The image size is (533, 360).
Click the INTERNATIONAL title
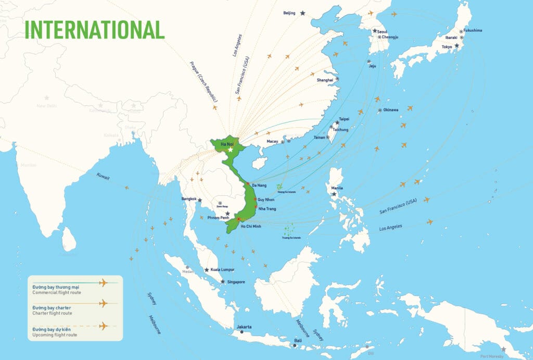pos(95,29)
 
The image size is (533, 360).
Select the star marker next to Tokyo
pos(456,46)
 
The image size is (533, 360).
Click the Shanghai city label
pos(325,80)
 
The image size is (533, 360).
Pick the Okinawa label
pos(391,110)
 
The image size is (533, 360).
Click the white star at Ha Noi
pos(230,150)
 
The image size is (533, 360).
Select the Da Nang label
pos(259,185)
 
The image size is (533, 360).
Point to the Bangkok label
pos(189,199)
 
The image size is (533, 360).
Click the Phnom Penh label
pos(219,217)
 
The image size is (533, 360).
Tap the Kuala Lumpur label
pos(223,270)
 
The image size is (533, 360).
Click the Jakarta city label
pos(244,327)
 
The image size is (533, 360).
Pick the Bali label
pos(298,340)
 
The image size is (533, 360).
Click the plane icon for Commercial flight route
pos(103,283)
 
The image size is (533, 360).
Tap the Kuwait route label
pos(103,177)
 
